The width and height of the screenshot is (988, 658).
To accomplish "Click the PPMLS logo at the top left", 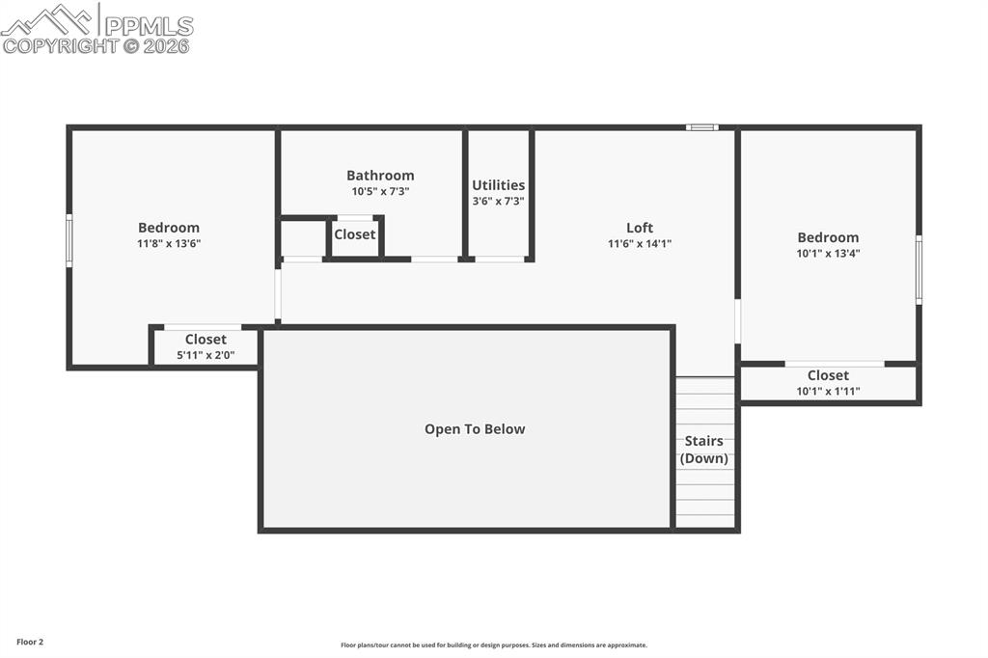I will click(96, 28).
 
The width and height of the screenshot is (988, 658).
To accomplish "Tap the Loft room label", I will click(640, 228).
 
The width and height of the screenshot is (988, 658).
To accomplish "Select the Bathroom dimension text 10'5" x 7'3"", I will click(379, 191).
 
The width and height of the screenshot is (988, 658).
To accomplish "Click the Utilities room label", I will click(498, 185).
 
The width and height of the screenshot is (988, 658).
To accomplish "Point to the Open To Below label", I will click(475, 429).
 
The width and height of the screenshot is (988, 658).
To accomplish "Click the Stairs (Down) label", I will click(704, 450).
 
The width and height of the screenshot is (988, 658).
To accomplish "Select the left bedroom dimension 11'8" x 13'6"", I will click(169, 244).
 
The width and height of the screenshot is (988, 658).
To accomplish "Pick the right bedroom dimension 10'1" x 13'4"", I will click(827, 254).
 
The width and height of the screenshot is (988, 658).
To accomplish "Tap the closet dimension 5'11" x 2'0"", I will click(206, 356).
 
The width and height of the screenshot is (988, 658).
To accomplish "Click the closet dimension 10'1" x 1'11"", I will click(828, 391).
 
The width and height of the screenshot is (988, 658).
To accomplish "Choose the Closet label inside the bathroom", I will click(355, 234).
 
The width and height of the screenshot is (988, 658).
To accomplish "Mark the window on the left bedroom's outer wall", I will click(69, 240).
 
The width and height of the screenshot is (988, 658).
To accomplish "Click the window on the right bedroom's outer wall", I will click(919, 269).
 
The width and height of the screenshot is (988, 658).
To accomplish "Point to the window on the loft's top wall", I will click(701, 126).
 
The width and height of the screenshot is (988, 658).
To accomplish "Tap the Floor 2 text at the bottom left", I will click(30, 642).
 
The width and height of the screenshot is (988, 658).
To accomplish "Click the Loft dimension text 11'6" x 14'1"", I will click(640, 244).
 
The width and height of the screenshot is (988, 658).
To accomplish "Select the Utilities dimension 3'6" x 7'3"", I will click(498, 201).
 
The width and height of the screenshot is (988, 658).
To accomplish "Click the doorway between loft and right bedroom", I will click(738, 321).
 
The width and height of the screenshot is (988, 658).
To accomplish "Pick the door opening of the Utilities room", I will click(500, 259).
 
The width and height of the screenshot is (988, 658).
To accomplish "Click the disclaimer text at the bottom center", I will click(493, 645).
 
